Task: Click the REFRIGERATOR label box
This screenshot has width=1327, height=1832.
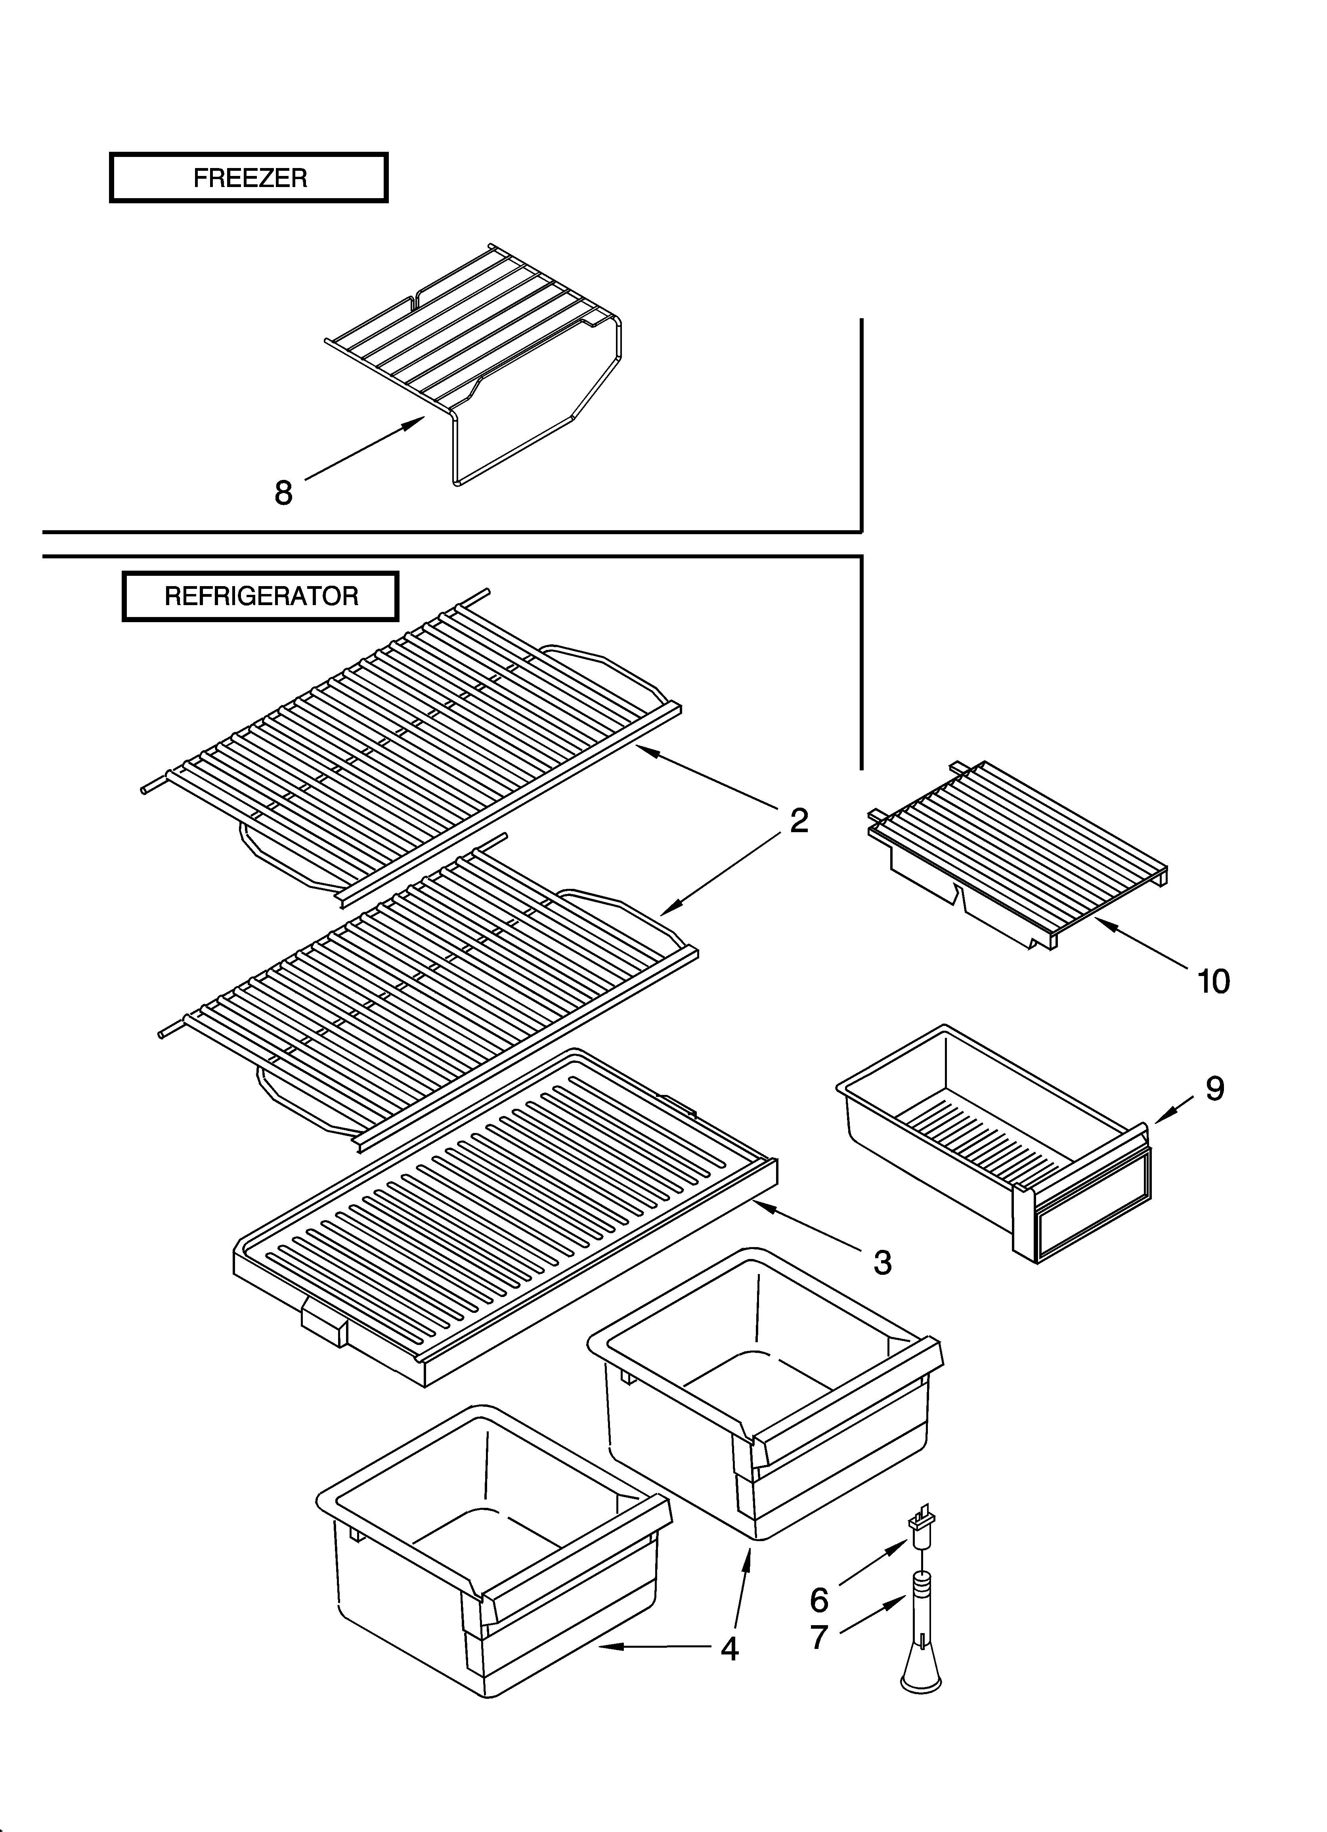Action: click(x=260, y=596)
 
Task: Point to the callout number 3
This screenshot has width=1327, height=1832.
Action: click(x=883, y=1262)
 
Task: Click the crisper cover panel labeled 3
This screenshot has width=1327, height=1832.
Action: click(x=501, y=1212)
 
